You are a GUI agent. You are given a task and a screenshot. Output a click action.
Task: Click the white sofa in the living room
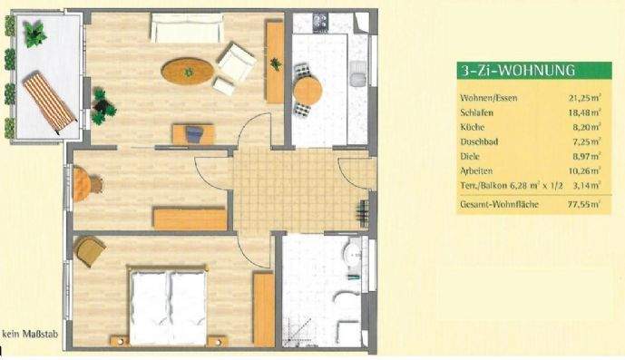coord(187,27)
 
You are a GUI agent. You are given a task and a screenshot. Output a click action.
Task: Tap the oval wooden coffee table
coord(189,69)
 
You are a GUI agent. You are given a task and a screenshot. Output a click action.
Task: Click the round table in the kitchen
coord(308,90)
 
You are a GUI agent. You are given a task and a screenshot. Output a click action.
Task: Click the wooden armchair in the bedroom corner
coord(90,250)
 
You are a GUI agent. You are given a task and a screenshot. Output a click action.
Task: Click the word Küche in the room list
coord(472,127)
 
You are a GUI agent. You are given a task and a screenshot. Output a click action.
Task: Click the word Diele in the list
coord(471,157)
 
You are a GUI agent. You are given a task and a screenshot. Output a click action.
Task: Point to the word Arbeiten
coord(475,171)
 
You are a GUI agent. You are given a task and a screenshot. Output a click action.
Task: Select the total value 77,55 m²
coord(581,206)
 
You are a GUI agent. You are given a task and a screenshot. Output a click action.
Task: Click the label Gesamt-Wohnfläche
coord(500,206)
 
